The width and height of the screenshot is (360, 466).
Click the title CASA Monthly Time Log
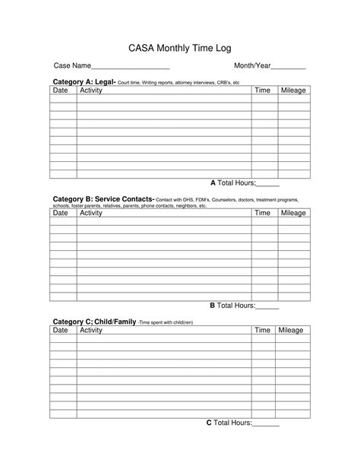tap(179, 48)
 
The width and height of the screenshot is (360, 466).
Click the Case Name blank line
tap(131, 68)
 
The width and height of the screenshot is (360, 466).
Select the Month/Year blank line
tap(289, 68)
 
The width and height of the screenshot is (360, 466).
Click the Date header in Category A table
tap(60, 90)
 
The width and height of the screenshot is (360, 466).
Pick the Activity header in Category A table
tap(91, 90)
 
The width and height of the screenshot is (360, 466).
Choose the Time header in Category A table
tap(262, 90)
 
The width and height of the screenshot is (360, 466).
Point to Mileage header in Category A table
tap(293, 90)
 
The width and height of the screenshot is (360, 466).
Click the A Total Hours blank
tap(268, 185)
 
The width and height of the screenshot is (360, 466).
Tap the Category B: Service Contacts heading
tap(103, 200)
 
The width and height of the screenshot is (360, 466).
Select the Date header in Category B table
tap(60, 213)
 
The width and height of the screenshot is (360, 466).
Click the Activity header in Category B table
tap(91, 213)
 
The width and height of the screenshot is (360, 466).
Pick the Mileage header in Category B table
tap(293, 213)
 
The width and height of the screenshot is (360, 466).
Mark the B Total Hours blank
tap(268, 306)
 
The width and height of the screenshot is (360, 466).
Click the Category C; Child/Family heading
tap(93, 322)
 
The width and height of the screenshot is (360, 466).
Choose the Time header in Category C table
tap(262, 331)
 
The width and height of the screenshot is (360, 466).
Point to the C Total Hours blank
tap(266, 423)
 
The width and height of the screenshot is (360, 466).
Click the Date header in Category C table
tap(60, 331)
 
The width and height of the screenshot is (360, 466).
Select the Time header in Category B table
tap(262, 213)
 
